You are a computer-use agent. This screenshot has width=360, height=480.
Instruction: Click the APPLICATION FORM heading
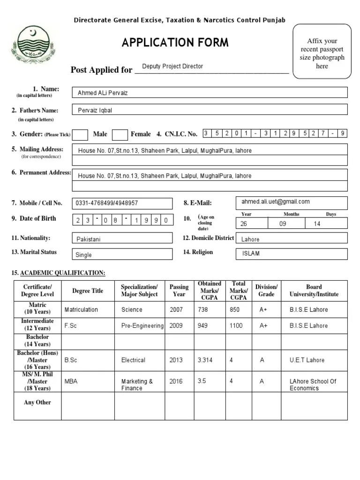[175, 43]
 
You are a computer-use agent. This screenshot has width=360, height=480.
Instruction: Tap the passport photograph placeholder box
[322, 52]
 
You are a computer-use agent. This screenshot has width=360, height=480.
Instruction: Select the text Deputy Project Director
[172, 67]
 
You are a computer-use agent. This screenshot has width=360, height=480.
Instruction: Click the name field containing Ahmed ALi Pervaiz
[209, 93]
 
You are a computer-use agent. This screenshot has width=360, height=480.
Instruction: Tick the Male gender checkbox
[81, 135]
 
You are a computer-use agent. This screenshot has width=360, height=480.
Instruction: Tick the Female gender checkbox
[120, 135]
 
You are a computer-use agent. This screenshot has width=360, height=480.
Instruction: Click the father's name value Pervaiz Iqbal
[209, 110]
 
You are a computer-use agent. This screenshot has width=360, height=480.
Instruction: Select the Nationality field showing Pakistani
[122, 239]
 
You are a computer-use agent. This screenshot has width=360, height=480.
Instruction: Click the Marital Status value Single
[122, 255]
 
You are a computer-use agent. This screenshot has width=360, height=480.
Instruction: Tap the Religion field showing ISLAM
[291, 254]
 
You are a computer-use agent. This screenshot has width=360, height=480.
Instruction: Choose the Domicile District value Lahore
[291, 239]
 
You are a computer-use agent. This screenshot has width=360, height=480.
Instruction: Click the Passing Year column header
[179, 291]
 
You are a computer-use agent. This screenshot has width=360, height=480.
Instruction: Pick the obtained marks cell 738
[203, 310]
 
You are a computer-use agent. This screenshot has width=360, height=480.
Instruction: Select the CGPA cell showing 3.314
[205, 360]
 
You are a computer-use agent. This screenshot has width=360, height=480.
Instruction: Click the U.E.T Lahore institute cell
[307, 360]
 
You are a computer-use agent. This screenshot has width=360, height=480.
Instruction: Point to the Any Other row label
[37, 403]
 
